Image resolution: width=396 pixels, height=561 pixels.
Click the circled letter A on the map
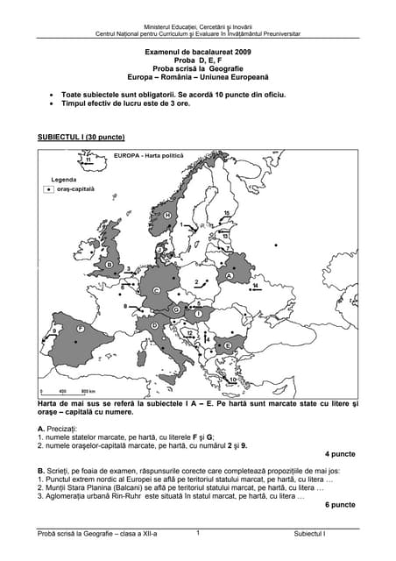pyautogui.click(x=230, y=275)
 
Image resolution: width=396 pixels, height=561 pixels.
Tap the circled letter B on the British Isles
pyautogui.click(x=110, y=263)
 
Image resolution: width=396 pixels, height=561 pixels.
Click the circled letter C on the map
pyautogui.click(x=156, y=290)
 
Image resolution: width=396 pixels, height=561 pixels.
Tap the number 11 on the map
pyautogui.click(x=88, y=160)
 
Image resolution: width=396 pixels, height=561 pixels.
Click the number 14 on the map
pyautogui.click(x=256, y=286)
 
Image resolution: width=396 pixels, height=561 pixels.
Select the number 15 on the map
pyautogui.click(x=226, y=213)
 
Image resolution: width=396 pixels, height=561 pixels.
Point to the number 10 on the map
pyautogui.click(x=224, y=236)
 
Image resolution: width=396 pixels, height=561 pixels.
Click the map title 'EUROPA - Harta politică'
pyautogui.click(x=149, y=155)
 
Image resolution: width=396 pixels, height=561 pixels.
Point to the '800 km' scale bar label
pyautogui.click(x=88, y=391)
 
